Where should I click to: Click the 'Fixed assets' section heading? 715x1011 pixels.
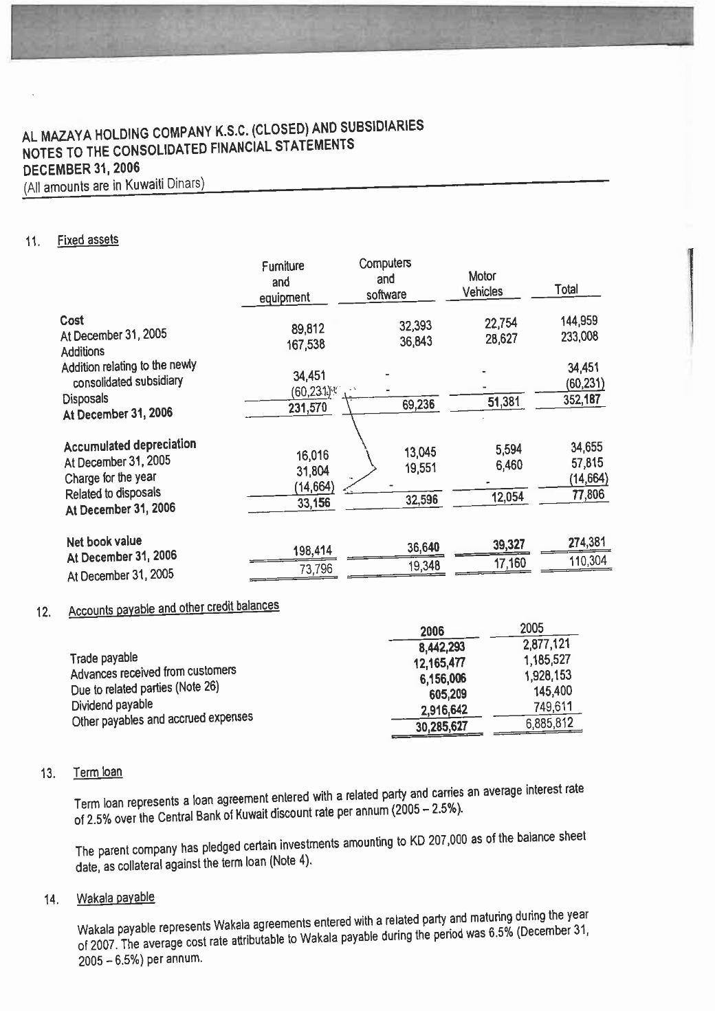coord(87,239)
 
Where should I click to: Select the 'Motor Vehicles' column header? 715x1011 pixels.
coord(482,284)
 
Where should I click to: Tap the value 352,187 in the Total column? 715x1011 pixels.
coord(583,399)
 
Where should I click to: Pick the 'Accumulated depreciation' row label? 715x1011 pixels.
coord(130,445)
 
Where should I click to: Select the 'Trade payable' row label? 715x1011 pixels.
coord(104,658)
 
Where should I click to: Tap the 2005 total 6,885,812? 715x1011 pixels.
coord(549,723)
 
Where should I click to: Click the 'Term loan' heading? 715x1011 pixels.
coord(98,772)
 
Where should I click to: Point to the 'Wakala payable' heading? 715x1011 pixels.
coord(115,898)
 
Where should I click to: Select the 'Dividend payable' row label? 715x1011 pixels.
coord(112,704)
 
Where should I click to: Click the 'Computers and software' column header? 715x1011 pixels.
coord(385,278)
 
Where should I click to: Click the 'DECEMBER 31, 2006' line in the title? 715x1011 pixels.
coord(81,168)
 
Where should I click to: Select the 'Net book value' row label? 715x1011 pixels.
coord(104,541)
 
